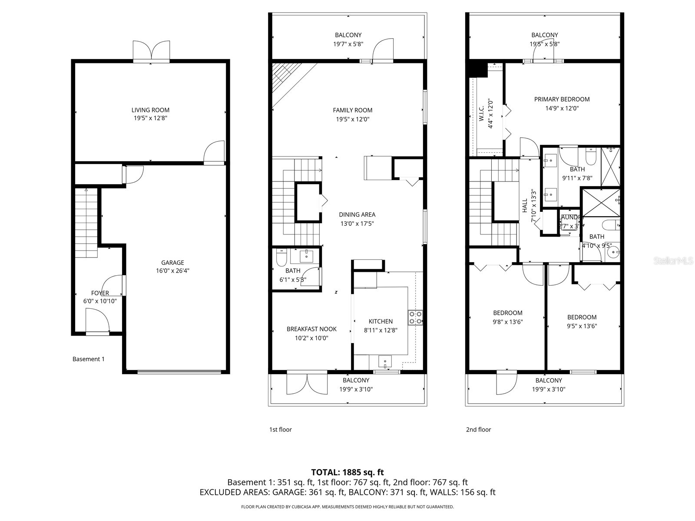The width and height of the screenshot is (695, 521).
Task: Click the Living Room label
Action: [150, 110]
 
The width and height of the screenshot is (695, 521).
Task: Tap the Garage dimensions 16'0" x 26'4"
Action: [172, 270]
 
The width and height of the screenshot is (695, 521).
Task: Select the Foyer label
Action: [100, 293]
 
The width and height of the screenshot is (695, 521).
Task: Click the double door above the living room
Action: [151, 51]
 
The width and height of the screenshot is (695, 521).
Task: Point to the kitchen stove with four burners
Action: [415, 317]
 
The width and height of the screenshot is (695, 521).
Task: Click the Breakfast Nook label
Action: [311, 329]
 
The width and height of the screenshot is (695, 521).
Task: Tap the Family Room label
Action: [352, 110]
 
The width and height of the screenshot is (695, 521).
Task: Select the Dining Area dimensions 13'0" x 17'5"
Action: [357, 224]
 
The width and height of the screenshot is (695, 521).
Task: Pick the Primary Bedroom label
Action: [562, 99]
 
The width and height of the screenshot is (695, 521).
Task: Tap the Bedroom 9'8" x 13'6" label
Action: [507, 313]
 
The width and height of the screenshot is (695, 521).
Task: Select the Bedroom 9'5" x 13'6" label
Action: [582, 317]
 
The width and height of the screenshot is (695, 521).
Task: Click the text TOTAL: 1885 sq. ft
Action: [347, 472]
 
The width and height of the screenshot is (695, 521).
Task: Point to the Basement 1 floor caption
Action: [88, 359]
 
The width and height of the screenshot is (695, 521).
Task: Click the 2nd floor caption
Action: [478, 429]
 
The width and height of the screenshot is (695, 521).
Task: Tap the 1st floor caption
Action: [280, 429]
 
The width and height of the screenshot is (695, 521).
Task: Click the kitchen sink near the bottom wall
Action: [385, 361]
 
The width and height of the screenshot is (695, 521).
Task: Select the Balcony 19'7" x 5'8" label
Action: [348, 35]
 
